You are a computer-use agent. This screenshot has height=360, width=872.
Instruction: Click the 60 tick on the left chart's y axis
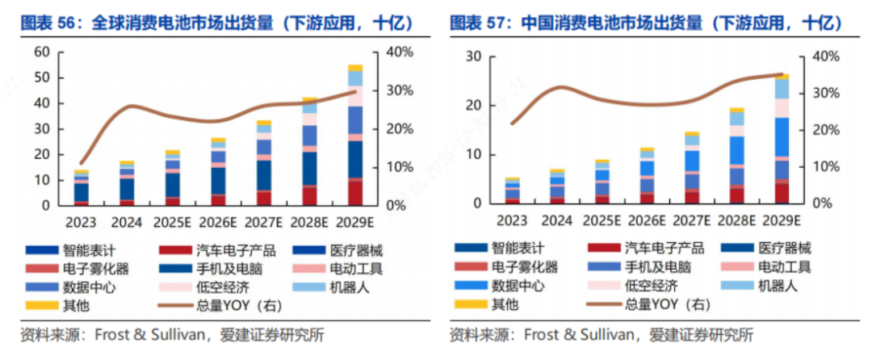42,52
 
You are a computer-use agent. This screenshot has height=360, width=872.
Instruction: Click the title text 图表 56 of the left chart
50,23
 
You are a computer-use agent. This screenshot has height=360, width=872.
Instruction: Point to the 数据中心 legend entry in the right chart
516,286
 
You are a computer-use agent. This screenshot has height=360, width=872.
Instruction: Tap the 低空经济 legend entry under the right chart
649,286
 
